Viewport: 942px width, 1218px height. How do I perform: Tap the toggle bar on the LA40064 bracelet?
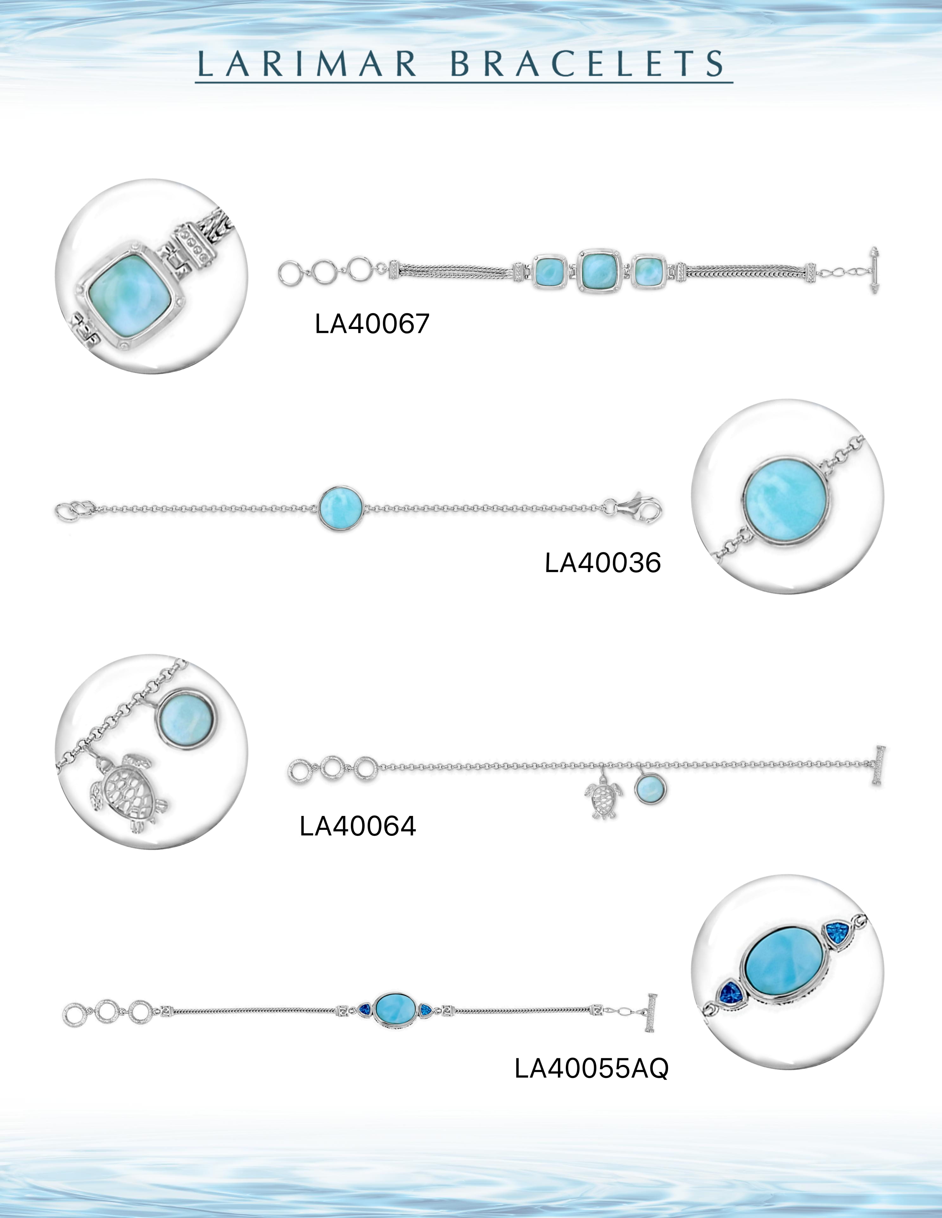(880, 765)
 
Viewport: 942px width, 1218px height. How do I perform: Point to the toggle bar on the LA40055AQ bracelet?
(651, 1014)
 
